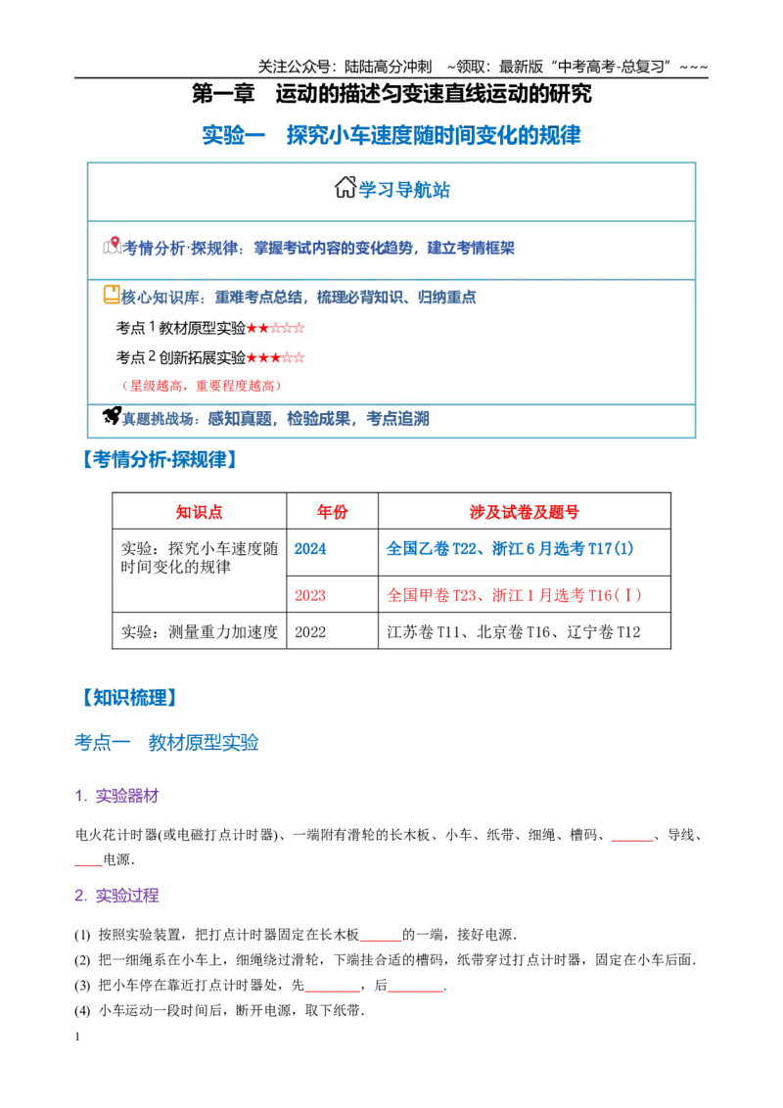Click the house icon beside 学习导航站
[x=345, y=187]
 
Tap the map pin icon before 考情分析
[x=112, y=246]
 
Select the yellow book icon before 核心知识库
[x=112, y=295]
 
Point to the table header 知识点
[x=200, y=512]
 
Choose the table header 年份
[x=332, y=512]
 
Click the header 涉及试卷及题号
[x=525, y=512]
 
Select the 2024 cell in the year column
[x=310, y=549]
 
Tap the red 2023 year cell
[x=310, y=596]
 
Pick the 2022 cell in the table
[x=310, y=632]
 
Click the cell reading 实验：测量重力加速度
[x=200, y=632]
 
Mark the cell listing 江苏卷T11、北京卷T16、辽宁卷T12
[x=514, y=632]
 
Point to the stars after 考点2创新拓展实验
[x=276, y=357]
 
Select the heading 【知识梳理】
[x=128, y=698]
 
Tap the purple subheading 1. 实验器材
[x=116, y=796]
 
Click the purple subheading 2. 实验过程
[x=116, y=896]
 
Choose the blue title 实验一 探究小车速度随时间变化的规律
[x=391, y=135]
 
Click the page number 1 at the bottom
[x=77, y=1037]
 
